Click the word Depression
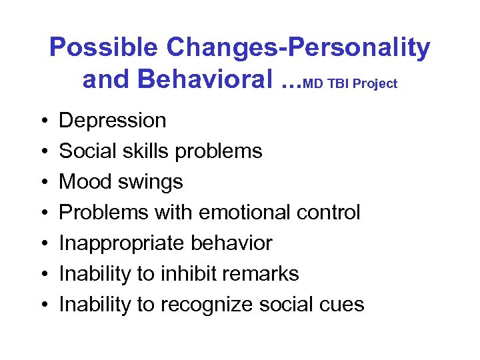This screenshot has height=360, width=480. click(113, 121)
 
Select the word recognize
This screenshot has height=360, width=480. click(201, 305)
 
